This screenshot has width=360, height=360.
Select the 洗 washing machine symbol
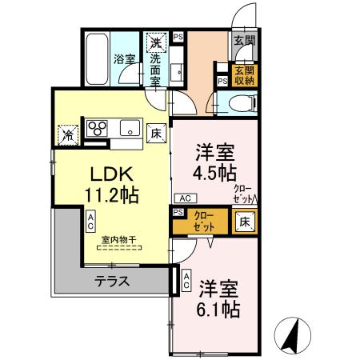pyautogui.click(x=155, y=42)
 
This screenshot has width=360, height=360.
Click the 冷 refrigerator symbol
pyautogui.click(x=69, y=133)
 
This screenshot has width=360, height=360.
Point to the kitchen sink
pyautogui.click(x=129, y=128)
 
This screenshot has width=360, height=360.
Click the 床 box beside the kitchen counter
pyautogui.click(x=157, y=132)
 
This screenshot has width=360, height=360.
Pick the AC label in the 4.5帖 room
pyautogui.click(x=182, y=198)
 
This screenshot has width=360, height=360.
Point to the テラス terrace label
pyautogui.click(x=112, y=281)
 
